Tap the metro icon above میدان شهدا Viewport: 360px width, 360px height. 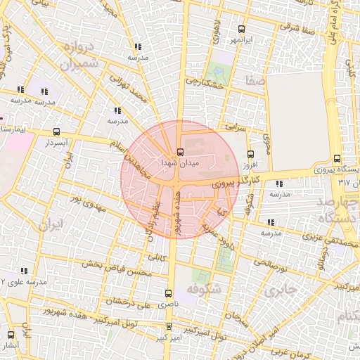(x=180, y=152)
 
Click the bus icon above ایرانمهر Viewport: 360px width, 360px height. (x=241, y=30)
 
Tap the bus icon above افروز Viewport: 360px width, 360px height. (x=251, y=155)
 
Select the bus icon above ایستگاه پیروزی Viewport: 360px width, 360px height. (x=337, y=158)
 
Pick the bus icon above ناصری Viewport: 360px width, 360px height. (x=167, y=292)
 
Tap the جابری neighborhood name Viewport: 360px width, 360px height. (x=280, y=288)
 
